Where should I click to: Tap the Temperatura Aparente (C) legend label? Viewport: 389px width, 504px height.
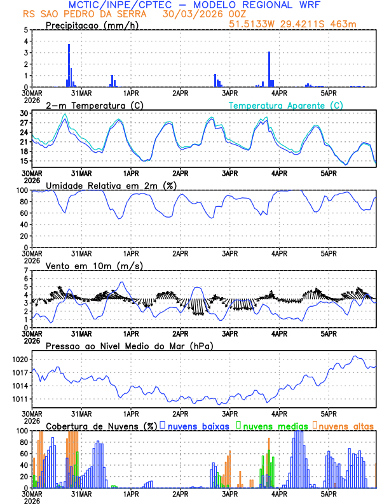285,105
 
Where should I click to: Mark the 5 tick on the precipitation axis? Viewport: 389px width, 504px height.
26,30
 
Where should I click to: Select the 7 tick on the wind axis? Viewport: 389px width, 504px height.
26,271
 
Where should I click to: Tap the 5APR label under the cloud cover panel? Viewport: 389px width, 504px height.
328,493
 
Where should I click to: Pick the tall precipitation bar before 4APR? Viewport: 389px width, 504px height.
270,69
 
